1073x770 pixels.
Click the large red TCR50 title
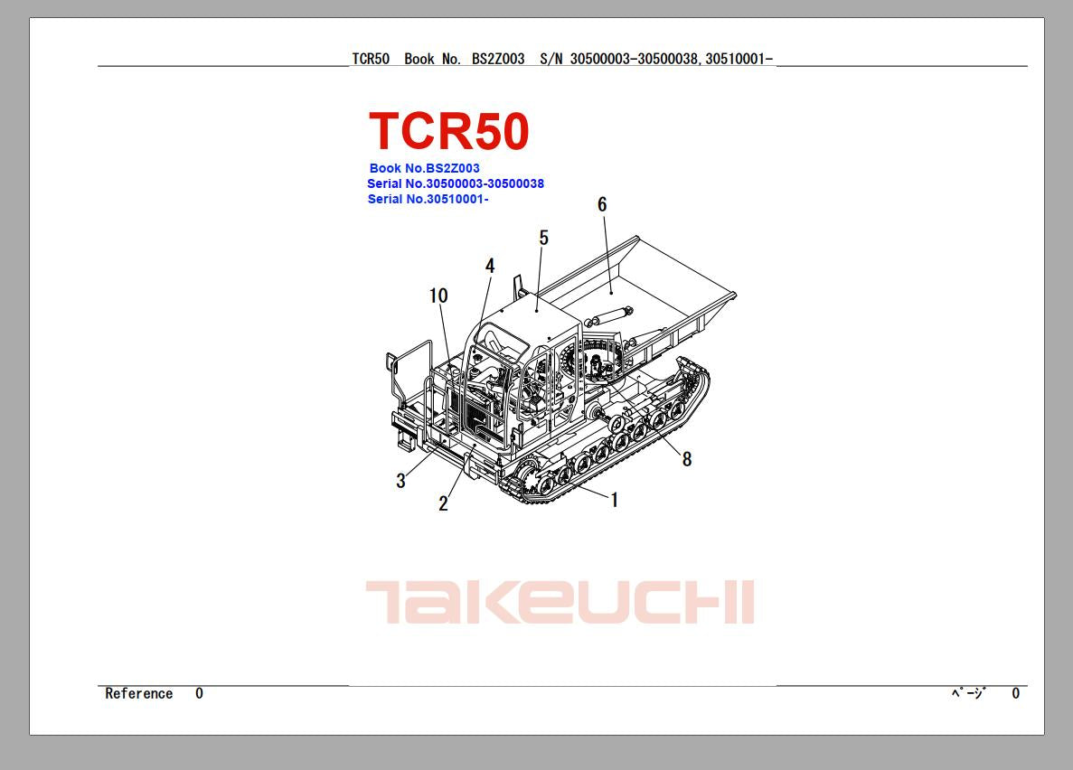(x=449, y=131)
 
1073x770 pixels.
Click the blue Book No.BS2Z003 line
(x=424, y=168)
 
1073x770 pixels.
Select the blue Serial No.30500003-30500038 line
(x=456, y=183)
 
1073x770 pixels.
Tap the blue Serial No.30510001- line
(x=428, y=199)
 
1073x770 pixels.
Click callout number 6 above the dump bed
(x=602, y=204)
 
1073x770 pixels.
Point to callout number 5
(x=544, y=238)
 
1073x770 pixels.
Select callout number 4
(x=490, y=266)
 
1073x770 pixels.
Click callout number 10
(x=438, y=296)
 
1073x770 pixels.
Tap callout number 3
(x=401, y=481)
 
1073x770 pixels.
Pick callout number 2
(x=444, y=503)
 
